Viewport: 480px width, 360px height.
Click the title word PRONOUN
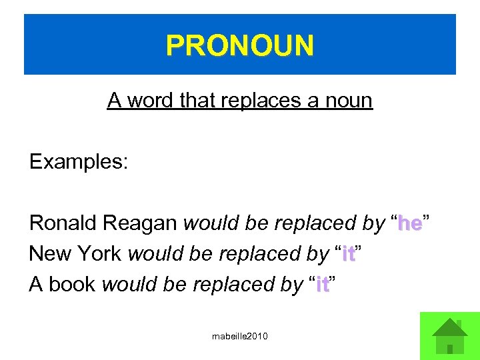(x=240, y=46)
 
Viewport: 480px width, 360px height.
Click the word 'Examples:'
(x=78, y=163)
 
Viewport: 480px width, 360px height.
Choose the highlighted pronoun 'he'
(x=409, y=224)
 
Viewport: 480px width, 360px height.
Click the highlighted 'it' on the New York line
(x=348, y=254)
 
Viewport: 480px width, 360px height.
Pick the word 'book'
(x=72, y=285)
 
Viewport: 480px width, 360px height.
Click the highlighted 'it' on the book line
(x=322, y=285)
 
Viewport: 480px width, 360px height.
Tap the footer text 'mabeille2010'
(x=240, y=337)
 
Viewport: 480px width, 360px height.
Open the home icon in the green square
(x=450, y=335)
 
